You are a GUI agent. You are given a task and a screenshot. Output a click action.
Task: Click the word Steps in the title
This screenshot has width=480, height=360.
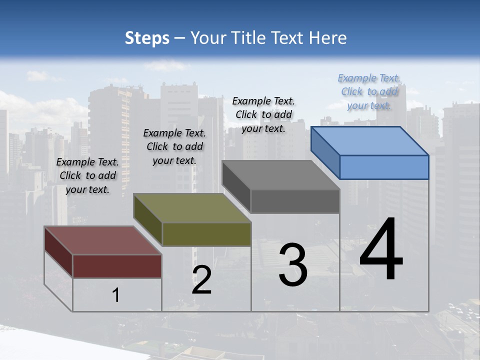click(x=147, y=38)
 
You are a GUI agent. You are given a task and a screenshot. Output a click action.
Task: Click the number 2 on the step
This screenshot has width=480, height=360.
click(x=201, y=280)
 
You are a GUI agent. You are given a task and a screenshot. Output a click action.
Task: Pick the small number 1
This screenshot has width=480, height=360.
click(x=116, y=295)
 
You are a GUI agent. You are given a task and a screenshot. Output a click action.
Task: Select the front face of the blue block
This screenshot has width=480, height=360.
click(x=384, y=167)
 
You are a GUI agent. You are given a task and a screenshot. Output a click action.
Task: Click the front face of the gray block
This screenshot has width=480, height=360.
click(x=295, y=201)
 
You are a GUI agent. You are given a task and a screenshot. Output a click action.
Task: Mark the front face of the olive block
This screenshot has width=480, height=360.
click(x=206, y=234)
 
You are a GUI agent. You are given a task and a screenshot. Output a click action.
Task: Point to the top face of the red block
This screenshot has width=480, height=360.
click(x=102, y=240)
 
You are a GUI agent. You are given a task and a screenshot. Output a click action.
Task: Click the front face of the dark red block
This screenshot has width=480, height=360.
click(x=117, y=266)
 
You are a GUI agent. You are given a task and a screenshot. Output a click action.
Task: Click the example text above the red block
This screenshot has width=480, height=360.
click(x=87, y=175)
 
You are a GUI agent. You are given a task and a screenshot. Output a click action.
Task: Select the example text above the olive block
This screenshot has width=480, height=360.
click(x=174, y=146)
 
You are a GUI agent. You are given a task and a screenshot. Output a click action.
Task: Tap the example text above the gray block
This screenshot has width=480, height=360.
click(x=263, y=114)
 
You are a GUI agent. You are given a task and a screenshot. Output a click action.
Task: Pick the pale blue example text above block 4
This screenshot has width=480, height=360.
click(x=369, y=91)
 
